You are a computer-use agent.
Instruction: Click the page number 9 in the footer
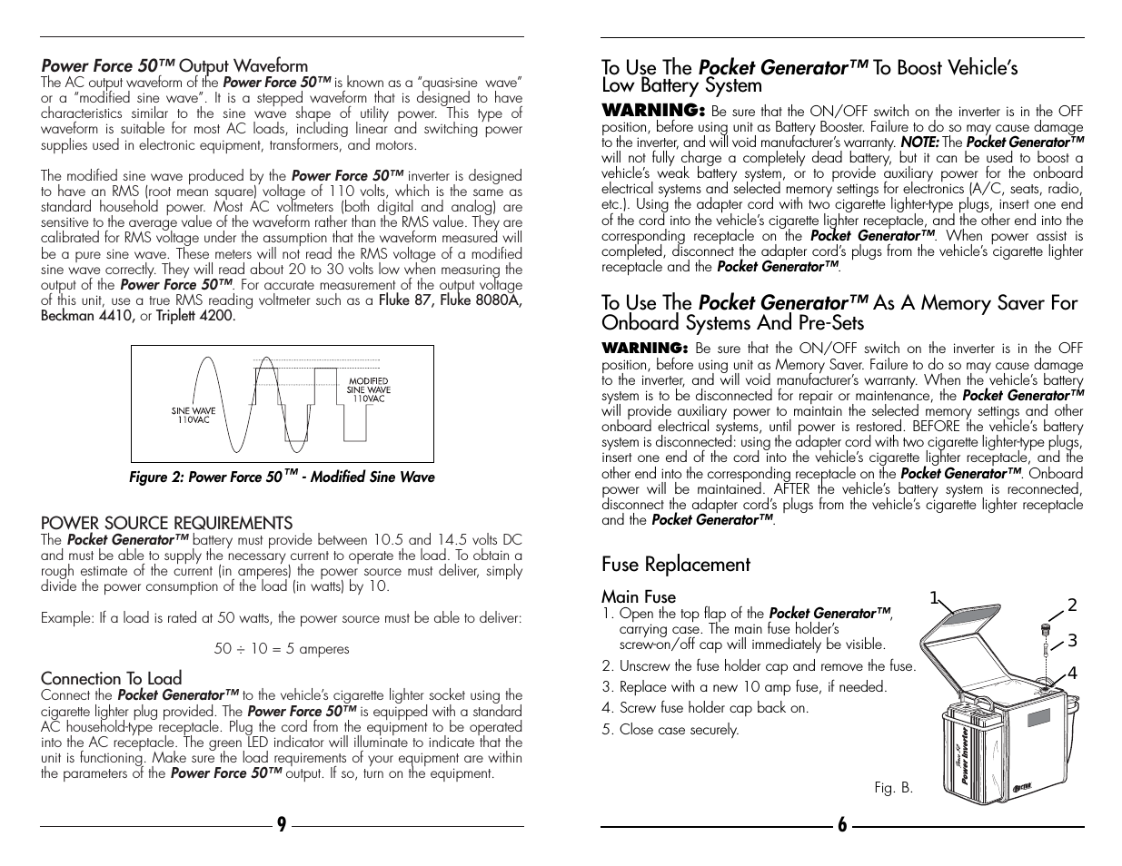282,824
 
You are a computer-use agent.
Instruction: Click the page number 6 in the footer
842,824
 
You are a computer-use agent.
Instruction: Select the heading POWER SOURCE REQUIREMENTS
166,523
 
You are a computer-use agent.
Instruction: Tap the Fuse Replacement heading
675,565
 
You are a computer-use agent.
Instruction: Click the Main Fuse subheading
638,596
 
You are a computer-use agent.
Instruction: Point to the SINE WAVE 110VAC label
194,416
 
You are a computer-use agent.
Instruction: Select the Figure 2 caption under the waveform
282,477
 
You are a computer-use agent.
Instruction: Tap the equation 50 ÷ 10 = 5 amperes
282,648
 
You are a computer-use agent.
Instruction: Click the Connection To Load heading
111,678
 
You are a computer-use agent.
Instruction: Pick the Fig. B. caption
893,788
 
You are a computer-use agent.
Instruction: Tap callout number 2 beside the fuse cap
1072,605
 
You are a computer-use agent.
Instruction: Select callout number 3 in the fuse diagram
1072,640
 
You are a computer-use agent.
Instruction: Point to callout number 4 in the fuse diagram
1072,674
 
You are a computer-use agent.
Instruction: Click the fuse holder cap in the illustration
1046,629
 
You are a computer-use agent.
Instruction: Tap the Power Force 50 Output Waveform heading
174,65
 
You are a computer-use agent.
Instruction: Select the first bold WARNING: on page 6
653,110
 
